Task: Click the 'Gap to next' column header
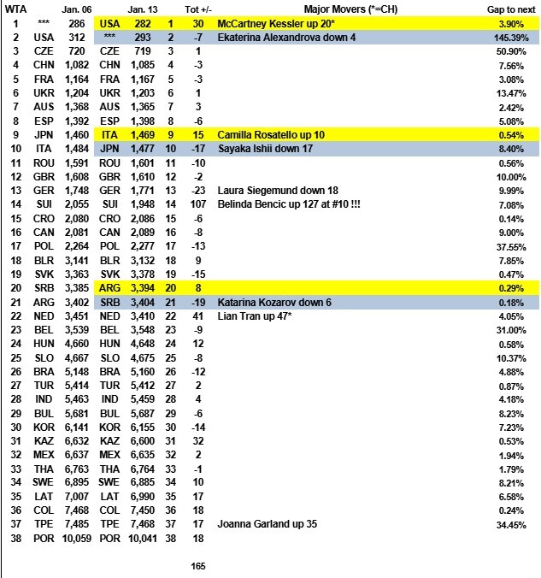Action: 508,8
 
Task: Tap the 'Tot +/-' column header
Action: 198,8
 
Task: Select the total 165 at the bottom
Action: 197,565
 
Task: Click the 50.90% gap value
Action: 512,53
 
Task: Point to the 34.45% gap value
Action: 512,523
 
